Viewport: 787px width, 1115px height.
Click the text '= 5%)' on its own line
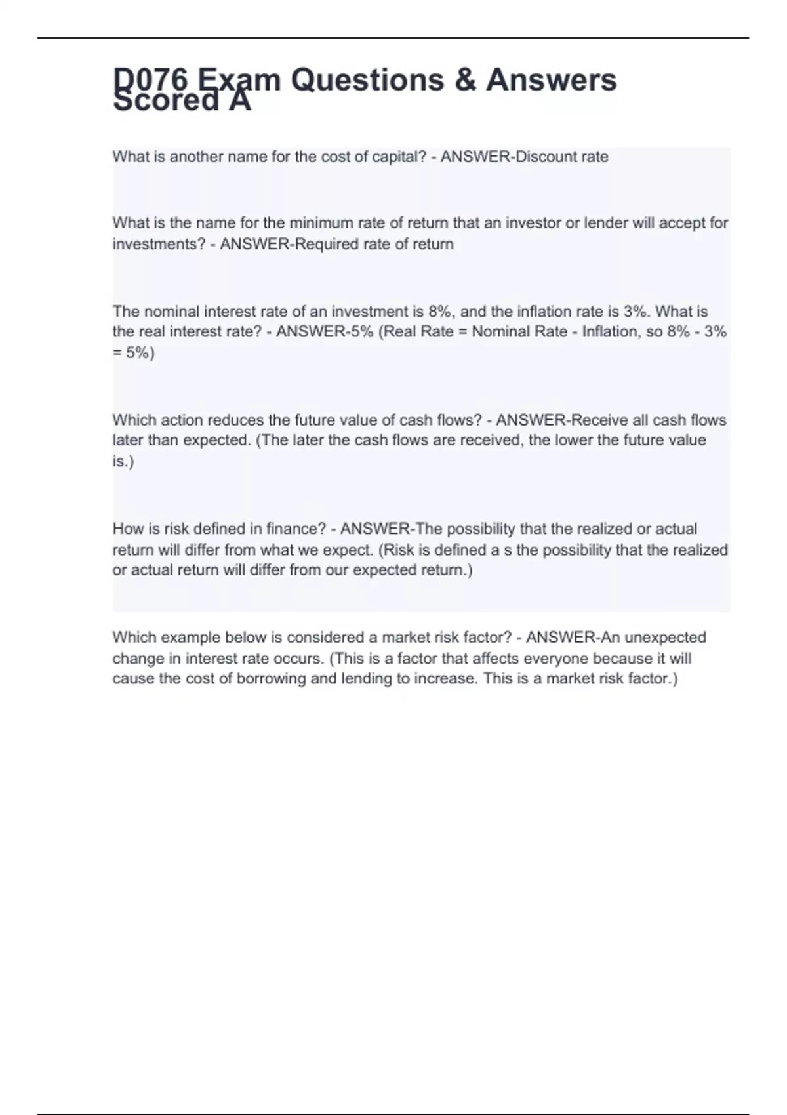coord(133,353)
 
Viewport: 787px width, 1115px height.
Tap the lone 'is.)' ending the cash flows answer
coord(123,461)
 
